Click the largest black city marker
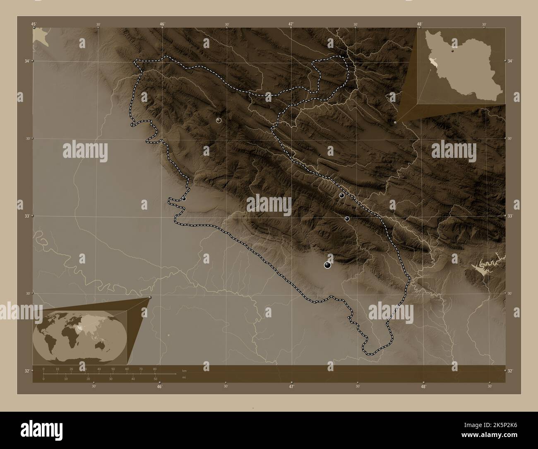pyautogui.click(x=328, y=265)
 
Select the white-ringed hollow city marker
pyautogui.click(x=219, y=121)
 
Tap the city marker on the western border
pyautogui.click(x=184, y=199)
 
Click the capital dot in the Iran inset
pyautogui.click(x=453, y=52)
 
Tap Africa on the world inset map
pyautogui.click(x=70, y=338)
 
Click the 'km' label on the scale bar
pyautogui.click(x=184, y=371)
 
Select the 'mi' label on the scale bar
pyautogui.click(x=184, y=377)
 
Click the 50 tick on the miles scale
pyautogui.click(x=155, y=379)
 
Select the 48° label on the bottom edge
pyautogui.click(x=423, y=386)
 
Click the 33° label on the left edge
pyautogui.click(x=27, y=216)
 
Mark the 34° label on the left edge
pyautogui.click(x=27, y=61)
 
